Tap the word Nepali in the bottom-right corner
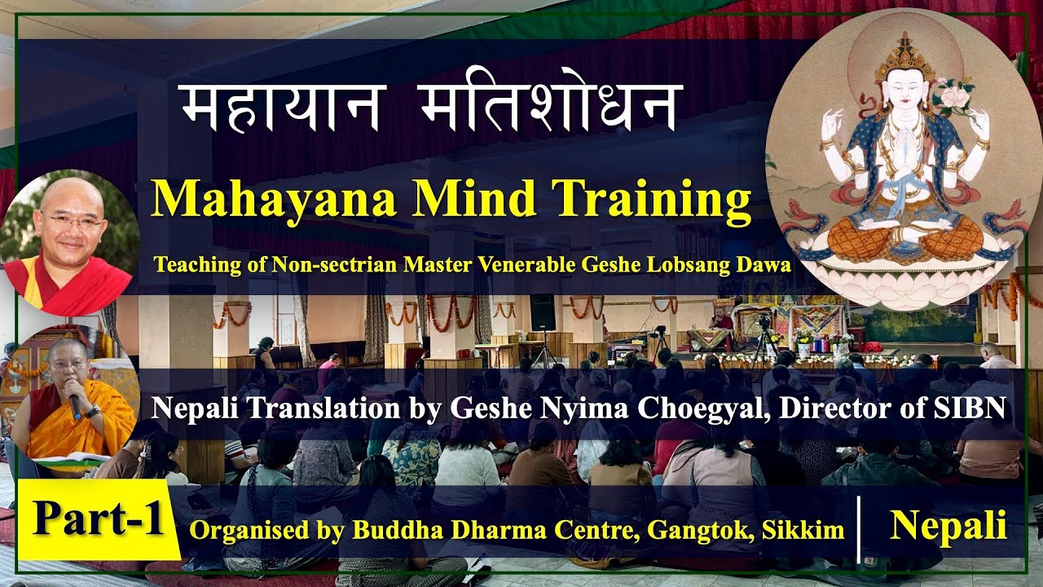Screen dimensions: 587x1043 pos(948,526)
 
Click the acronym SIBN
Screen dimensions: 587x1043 pos(975,408)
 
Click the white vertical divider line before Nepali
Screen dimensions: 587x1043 pos(860,528)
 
